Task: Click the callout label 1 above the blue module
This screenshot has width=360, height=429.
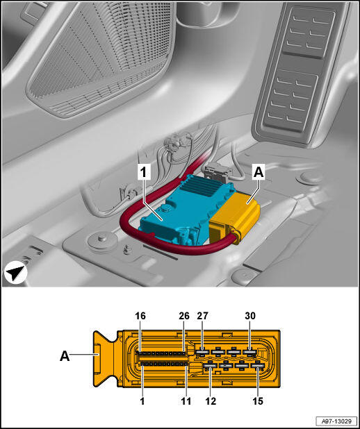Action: coord(144,173)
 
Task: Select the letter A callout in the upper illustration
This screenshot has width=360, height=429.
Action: coord(259,173)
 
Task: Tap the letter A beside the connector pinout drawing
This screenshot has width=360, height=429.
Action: coord(65,357)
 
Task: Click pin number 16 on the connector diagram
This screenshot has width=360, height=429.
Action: coord(140,316)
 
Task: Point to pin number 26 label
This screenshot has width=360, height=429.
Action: coord(184,316)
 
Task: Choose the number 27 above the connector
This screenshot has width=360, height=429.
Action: coord(202,316)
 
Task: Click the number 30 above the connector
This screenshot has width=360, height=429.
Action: coord(250,316)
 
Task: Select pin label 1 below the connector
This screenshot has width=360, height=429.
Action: coord(142,401)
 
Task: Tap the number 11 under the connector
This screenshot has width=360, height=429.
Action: coord(186,401)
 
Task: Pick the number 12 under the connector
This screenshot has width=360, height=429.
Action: coord(211,401)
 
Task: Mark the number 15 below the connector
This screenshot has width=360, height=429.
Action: coord(258,401)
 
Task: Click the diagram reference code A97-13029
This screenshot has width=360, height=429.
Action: coord(336,421)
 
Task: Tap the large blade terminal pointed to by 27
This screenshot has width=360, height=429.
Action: coord(203,351)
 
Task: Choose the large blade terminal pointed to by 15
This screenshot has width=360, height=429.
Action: coord(258,365)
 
